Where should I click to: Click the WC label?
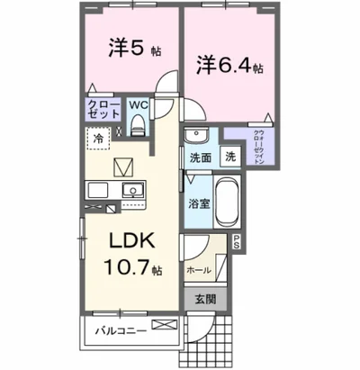pos(138,104)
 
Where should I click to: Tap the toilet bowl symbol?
pos(138,126)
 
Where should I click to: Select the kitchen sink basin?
pos(133,191)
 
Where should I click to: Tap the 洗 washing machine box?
pos(229,158)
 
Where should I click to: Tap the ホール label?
pos(200,269)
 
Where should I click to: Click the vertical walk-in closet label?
pos(256,139)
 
